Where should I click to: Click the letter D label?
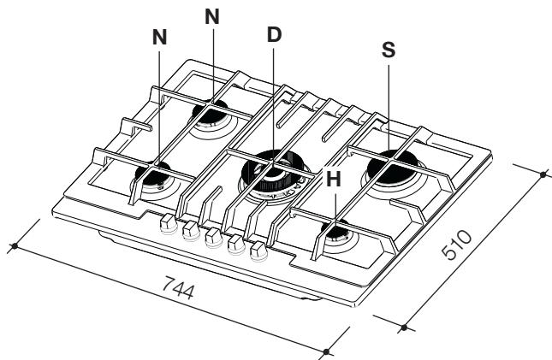click(x=274, y=38)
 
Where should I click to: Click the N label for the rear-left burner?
click(x=213, y=15)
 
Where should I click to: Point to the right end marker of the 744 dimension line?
click(x=329, y=351)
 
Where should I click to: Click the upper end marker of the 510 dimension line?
click(x=543, y=174)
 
